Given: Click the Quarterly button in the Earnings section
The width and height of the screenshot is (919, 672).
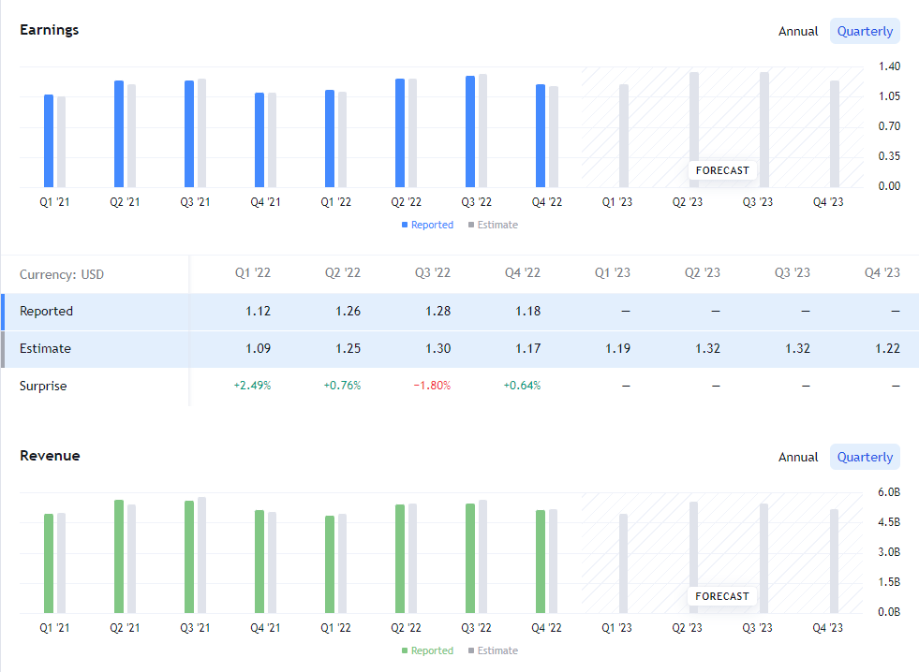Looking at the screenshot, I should tap(865, 31).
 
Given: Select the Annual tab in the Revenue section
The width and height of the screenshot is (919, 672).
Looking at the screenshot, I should tap(798, 457).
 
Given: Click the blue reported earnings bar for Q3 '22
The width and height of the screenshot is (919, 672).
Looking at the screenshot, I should tap(470, 131).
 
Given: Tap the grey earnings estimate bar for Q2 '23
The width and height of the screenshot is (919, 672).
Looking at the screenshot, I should tap(694, 122).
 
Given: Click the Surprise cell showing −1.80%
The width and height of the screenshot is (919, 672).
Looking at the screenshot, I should tap(432, 386).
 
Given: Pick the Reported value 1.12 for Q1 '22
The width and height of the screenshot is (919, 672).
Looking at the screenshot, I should tap(258, 311).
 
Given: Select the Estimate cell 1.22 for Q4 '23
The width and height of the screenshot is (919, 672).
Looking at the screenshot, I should tap(887, 348).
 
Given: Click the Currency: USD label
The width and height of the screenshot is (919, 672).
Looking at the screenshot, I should tap(62, 274).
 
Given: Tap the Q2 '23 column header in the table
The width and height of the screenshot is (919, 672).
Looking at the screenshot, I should tap(702, 273).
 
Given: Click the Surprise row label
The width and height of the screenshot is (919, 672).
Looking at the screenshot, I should tap(43, 386).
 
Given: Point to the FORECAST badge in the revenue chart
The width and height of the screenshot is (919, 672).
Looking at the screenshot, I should tap(722, 596).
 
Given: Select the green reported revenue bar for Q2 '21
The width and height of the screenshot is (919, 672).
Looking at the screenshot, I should tap(119, 557).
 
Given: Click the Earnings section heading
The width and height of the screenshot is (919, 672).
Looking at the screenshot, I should tap(50, 30).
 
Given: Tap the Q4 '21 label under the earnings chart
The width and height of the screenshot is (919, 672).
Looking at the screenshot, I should tap(265, 202).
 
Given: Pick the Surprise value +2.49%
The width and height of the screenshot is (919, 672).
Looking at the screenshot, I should tap(252, 386).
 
